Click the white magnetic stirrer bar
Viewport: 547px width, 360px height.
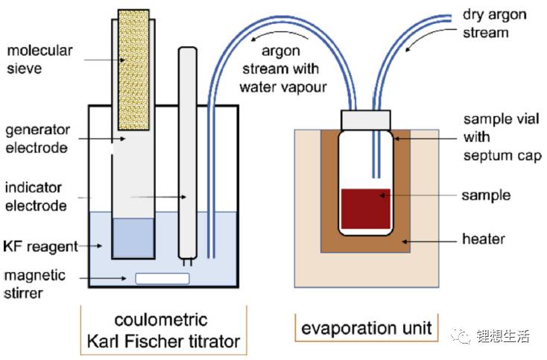pyautogui.click(x=162, y=279)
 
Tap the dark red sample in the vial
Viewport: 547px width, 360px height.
pyautogui.click(x=366, y=209)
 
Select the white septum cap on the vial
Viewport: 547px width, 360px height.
pyautogui.click(x=366, y=119)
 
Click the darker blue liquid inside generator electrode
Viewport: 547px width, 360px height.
pyautogui.click(x=133, y=237)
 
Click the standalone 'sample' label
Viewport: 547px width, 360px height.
pyautogui.click(x=486, y=195)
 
